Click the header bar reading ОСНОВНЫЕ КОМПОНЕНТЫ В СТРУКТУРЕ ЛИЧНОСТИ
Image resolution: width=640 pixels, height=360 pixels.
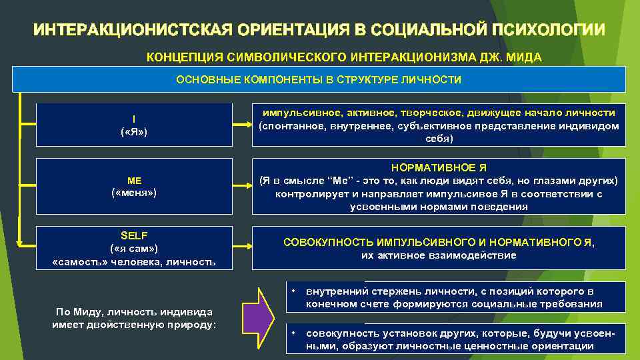(319, 80)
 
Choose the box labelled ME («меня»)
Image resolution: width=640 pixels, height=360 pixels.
(134, 186)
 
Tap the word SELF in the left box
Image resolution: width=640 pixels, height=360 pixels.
(134, 235)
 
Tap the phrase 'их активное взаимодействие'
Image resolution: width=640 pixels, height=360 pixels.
(439, 255)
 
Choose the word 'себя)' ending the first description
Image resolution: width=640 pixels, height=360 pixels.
(439, 139)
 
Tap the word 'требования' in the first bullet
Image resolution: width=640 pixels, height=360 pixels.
(573, 304)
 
